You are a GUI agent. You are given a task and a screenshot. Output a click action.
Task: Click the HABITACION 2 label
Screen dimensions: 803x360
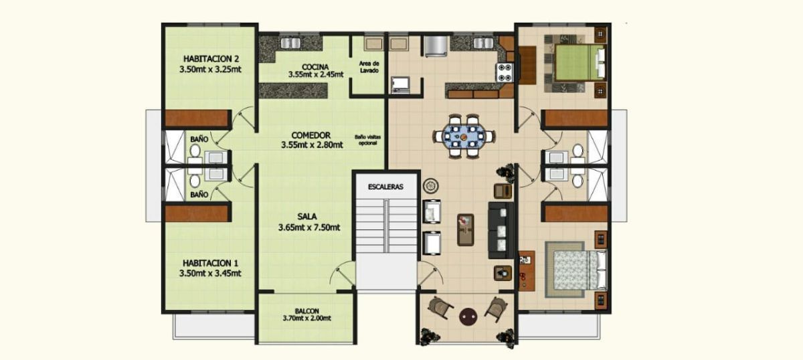[211, 59]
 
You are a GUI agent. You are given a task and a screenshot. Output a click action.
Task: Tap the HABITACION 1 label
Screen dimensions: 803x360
[210, 263]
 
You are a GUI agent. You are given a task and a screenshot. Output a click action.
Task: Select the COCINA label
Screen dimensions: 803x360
[315, 67]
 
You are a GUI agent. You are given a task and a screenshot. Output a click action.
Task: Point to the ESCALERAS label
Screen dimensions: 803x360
[385, 187]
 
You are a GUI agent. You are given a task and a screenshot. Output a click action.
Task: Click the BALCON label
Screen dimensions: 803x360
[307, 311]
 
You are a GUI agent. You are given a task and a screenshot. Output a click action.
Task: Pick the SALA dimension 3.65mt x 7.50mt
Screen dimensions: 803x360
[309, 228]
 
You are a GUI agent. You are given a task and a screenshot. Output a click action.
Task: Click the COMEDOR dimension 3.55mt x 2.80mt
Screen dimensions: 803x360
[312, 145]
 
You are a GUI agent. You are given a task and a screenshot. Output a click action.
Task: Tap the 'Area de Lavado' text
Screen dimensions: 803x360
[369, 67]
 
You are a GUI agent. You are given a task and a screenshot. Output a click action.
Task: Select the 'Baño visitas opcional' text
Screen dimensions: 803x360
[368, 140]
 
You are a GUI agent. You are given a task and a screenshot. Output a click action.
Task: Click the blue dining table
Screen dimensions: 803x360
[464, 137]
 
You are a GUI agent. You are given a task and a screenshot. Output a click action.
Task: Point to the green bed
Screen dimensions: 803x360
[579, 62]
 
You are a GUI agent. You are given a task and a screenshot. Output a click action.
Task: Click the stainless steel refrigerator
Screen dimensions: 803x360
[436, 46]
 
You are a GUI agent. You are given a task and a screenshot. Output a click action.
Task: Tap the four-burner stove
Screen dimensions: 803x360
[505, 72]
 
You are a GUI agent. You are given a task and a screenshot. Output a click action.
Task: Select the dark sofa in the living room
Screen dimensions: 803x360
[501, 230]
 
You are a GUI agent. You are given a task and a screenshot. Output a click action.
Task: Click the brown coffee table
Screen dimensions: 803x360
[466, 230]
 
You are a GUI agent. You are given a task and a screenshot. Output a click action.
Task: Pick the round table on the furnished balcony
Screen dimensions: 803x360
[468, 317]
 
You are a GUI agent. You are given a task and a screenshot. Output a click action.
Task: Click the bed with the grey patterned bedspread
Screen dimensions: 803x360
[579, 270]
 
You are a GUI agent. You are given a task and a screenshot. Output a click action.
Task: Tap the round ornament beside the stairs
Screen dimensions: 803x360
[431, 186]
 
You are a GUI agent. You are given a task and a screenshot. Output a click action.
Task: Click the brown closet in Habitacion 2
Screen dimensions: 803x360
[197, 118]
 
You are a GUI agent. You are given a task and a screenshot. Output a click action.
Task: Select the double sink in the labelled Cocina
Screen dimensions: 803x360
[290, 43]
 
